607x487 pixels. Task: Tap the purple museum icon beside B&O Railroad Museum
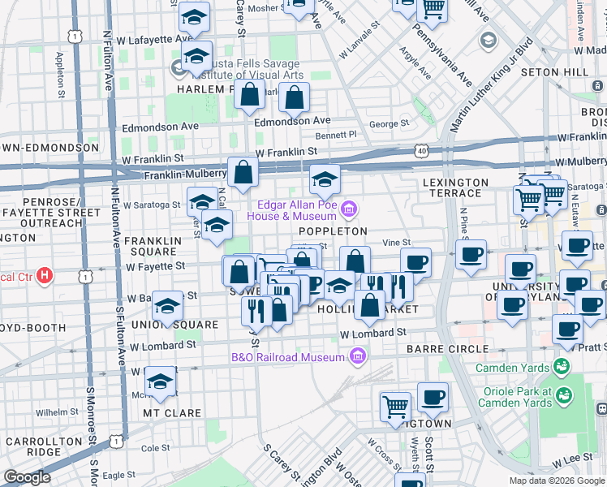pos(357,356)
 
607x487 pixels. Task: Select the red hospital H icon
pos(45,276)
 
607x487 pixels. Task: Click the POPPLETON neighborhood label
pos(333,231)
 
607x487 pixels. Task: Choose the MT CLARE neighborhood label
pos(171,413)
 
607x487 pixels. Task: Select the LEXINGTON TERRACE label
pos(455,188)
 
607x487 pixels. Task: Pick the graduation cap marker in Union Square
pos(167,306)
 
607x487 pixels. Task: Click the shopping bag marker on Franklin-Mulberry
pos(243,172)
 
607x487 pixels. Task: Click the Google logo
pos(28,477)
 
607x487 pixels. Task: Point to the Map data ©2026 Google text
pos(556,481)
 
